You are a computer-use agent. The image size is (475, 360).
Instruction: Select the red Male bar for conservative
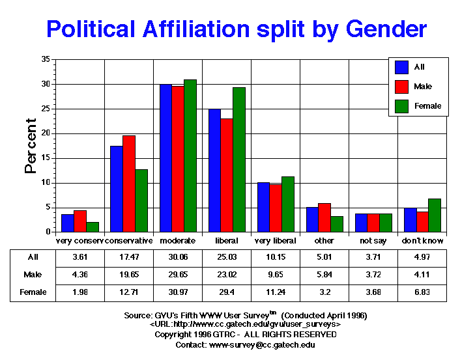click(128, 184)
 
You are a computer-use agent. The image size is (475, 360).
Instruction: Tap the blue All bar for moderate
click(166, 158)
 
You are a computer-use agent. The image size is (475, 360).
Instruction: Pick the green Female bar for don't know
click(435, 215)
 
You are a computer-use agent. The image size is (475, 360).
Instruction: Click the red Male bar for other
click(324, 217)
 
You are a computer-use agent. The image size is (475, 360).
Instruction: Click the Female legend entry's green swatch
click(402, 105)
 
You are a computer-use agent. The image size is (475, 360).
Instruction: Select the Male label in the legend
click(422, 86)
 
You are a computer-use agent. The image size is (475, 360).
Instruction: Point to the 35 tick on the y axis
click(46, 59)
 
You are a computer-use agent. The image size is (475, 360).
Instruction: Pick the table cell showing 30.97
click(177, 292)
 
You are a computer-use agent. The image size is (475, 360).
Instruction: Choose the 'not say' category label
click(373, 241)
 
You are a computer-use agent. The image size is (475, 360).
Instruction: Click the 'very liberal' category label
click(276, 241)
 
